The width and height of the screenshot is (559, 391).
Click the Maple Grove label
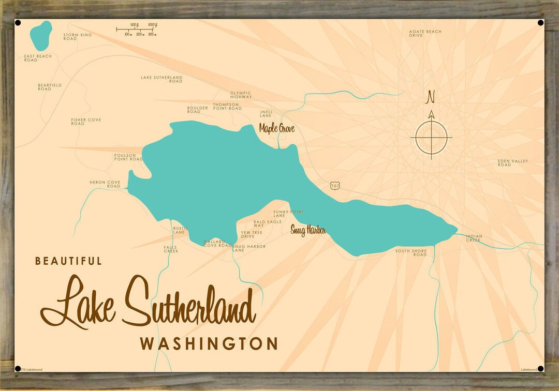click(x=276, y=128)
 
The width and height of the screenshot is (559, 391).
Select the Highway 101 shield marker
click(x=334, y=185)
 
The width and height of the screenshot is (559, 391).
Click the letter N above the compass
click(x=430, y=97)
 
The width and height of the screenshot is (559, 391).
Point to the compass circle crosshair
click(x=431, y=138)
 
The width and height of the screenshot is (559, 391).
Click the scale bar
click(x=137, y=29)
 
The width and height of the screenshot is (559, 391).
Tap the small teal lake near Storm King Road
click(x=41, y=34)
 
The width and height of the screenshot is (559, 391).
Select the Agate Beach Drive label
click(x=425, y=34)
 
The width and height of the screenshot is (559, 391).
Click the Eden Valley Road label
click(x=512, y=163)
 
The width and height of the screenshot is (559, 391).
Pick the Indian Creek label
click(x=474, y=238)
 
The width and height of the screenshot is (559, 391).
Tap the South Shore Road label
click(x=411, y=253)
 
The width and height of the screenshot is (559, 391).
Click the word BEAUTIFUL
click(x=68, y=261)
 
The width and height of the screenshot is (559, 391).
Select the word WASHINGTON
click(x=209, y=344)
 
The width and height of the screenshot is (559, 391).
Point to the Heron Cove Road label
click(x=105, y=184)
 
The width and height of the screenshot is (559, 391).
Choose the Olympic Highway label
click(x=241, y=95)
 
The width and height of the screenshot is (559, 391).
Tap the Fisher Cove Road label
click(x=86, y=122)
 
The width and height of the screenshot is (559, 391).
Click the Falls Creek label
click(x=171, y=249)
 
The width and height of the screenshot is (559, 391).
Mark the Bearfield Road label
click(x=50, y=87)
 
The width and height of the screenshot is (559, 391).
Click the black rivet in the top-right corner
click(x=541, y=23)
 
